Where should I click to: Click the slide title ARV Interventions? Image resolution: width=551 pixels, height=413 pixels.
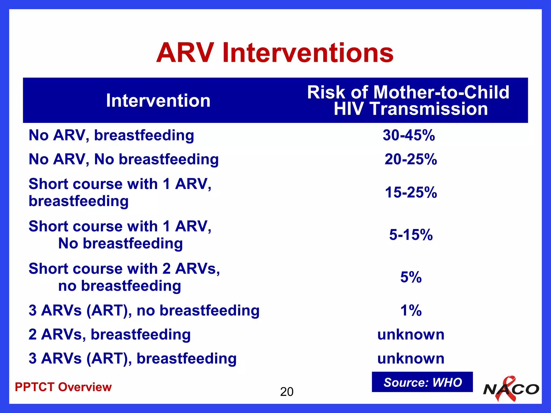click(x=275, y=53)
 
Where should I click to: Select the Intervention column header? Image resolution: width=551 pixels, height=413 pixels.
click(x=158, y=101)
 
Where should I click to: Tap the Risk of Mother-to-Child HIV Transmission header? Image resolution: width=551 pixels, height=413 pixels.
click(x=408, y=101)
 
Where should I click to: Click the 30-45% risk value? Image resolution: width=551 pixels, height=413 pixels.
click(x=409, y=135)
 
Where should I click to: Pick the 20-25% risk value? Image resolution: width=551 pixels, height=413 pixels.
click(x=411, y=159)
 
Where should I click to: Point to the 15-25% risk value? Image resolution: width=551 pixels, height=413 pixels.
click(x=411, y=193)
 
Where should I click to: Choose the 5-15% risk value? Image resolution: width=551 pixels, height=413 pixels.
click(x=411, y=235)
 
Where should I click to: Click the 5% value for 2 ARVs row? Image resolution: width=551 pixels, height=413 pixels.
click(x=411, y=277)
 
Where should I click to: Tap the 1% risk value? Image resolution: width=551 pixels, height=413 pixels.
click(x=411, y=310)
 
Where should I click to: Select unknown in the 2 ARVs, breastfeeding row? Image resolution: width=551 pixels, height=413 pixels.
click(x=411, y=334)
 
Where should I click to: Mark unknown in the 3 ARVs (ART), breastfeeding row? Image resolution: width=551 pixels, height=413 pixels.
click(x=411, y=358)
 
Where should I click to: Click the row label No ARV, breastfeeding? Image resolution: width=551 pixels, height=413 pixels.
click(x=111, y=135)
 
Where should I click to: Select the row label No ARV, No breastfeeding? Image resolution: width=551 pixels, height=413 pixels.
click(x=123, y=159)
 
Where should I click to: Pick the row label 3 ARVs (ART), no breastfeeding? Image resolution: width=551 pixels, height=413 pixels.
click(x=144, y=310)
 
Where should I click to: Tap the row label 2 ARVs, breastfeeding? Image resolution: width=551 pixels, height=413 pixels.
click(x=110, y=334)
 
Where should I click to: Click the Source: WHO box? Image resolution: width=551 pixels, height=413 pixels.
click(x=422, y=382)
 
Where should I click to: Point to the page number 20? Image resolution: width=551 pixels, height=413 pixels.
click(x=287, y=392)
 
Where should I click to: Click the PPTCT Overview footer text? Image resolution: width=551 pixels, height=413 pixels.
click(x=63, y=387)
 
